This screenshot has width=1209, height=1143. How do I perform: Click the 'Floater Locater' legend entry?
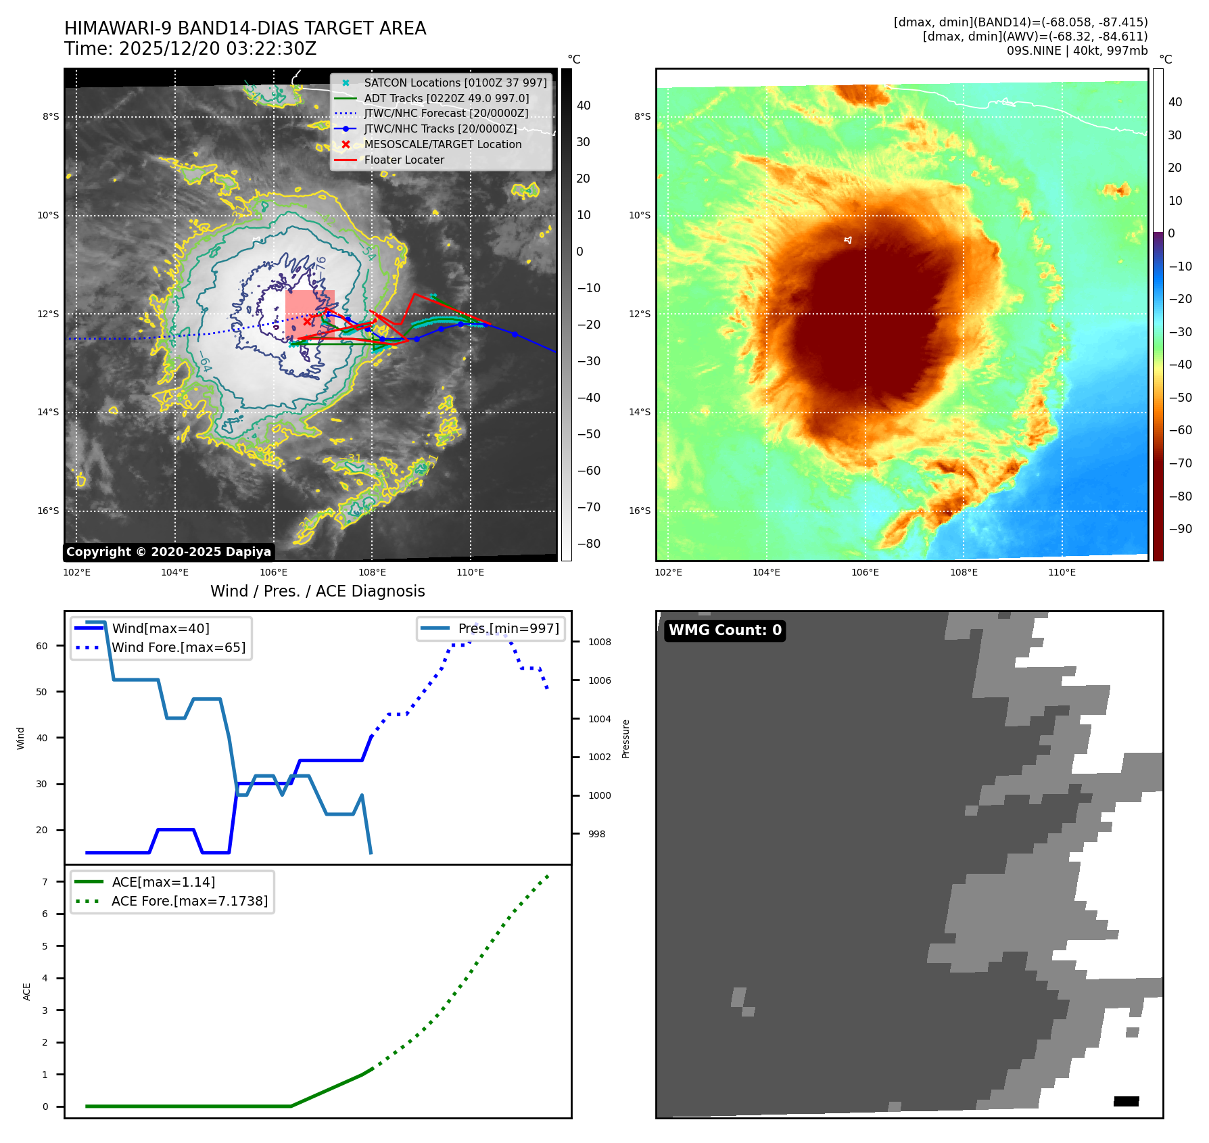[404, 160]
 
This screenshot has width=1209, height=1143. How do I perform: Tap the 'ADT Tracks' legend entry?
[446, 99]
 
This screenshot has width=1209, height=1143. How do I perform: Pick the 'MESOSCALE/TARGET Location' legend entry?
[442, 145]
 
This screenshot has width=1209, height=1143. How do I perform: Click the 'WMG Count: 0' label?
[725, 630]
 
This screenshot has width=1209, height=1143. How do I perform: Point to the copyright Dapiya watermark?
[168, 552]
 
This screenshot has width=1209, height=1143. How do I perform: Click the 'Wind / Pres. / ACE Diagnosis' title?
[318, 592]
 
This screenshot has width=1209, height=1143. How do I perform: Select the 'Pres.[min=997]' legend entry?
[508, 629]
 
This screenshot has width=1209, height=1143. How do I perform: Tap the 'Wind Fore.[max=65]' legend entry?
[179, 648]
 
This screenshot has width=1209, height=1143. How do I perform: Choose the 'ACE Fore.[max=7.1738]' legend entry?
[189, 902]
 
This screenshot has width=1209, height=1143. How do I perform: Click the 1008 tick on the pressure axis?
[599, 643]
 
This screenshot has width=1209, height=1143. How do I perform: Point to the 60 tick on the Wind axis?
[42, 647]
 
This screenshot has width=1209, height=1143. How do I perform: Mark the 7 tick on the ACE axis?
[45, 882]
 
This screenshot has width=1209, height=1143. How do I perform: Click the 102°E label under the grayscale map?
[77, 573]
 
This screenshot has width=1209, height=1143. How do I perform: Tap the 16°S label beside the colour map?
[640, 511]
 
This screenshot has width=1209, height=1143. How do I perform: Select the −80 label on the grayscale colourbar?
[588, 544]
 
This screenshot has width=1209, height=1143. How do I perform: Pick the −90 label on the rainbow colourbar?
[1180, 529]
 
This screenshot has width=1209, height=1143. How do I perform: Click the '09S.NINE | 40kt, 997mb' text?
[1076, 51]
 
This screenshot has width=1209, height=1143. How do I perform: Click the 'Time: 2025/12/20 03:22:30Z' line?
[191, 49]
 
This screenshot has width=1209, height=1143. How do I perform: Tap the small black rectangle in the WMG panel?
[1126, 1102]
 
